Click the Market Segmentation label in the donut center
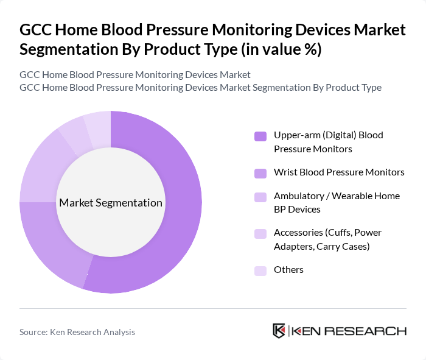point(110,203)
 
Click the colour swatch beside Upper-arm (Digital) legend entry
point(260,136)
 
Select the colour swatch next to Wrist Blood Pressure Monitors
point(260,172)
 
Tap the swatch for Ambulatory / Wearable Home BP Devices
point(260,197)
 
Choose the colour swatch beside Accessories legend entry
point(260,233)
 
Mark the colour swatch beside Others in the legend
point(260,270)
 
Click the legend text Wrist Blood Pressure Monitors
point(339,172)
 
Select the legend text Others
point(288,270)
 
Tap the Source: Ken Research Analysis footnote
point(77,332)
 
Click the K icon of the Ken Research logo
point(279,331)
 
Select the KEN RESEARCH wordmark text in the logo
point(349,331)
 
